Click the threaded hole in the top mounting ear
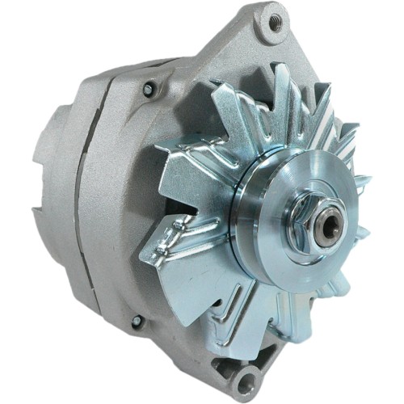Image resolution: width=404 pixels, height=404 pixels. coord(276,23)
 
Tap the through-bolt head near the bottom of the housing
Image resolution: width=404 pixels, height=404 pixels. coord(137,321)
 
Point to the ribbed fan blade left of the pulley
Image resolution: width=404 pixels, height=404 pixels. coord(182,242)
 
